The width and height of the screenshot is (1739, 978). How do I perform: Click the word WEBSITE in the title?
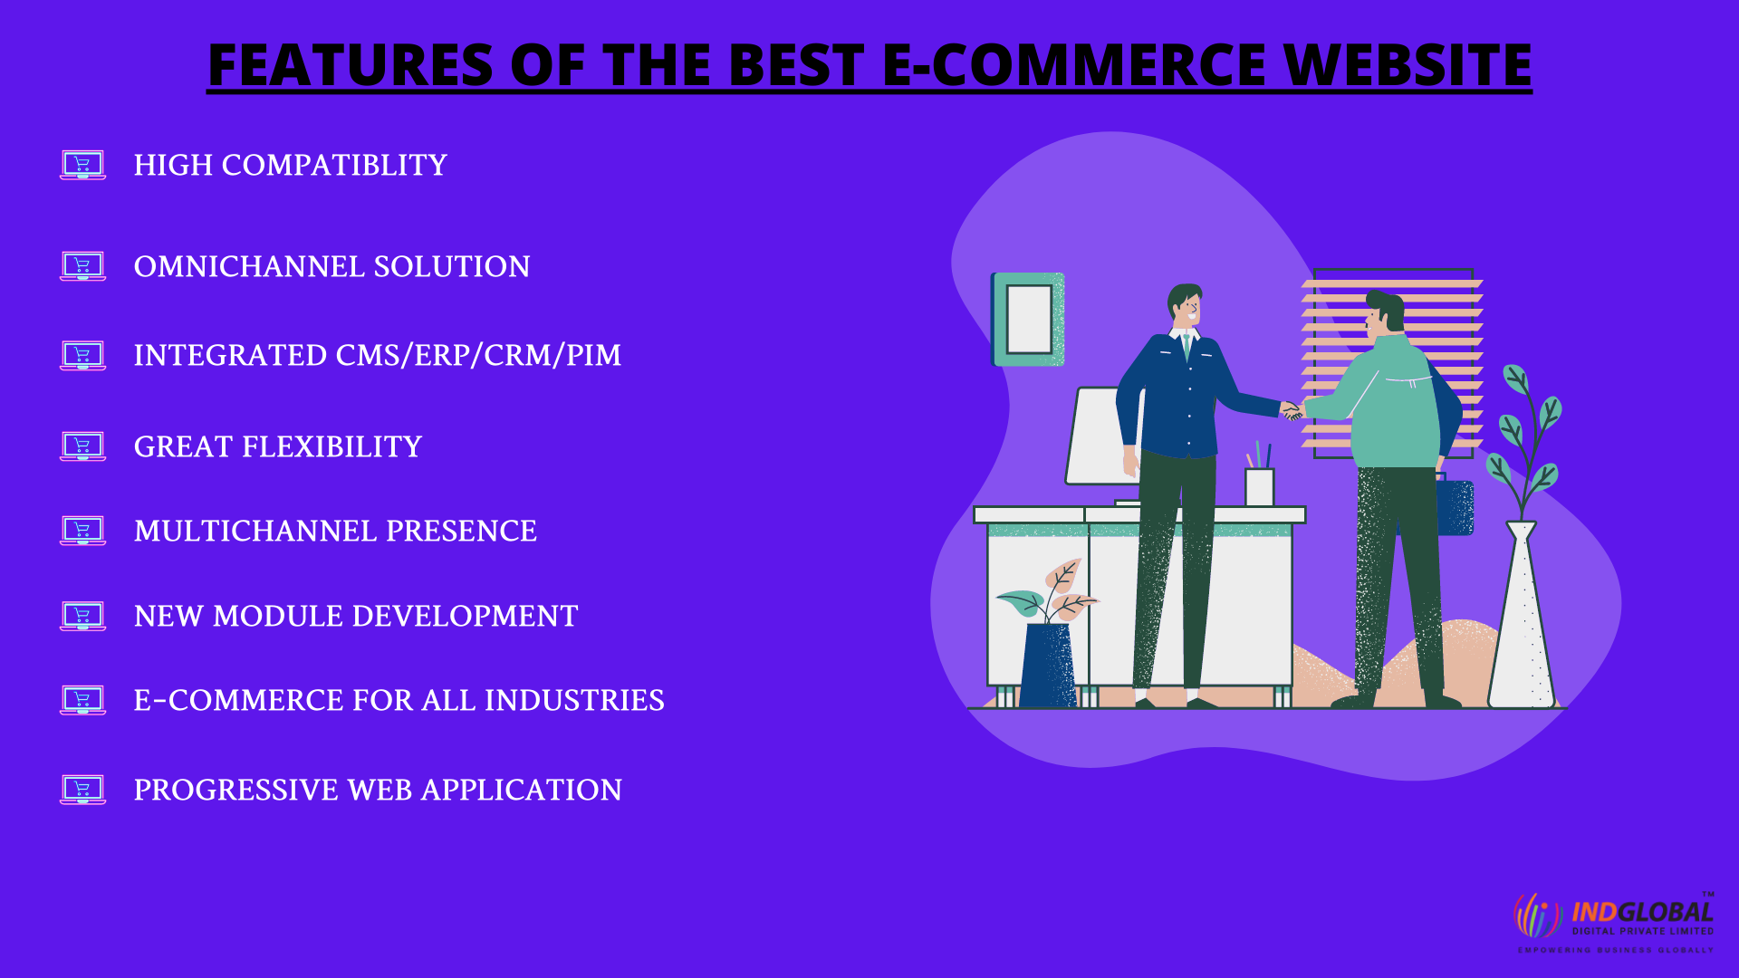click(x=1408, y=65)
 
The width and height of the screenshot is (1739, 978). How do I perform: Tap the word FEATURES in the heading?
click(x=351, y=65)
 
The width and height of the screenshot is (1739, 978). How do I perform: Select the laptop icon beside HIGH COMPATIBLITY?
click(x=82, y=165)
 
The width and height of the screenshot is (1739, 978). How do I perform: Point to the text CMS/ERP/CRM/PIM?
click(x=478, y=355)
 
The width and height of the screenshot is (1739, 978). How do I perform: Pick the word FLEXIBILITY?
click(x=331, y=446)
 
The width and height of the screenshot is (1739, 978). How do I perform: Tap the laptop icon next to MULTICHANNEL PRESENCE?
click(x=82, y=531)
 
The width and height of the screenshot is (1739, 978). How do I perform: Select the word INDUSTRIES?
click(x=574, y=700)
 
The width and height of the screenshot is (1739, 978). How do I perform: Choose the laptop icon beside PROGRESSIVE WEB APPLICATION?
click(x=82, y=790)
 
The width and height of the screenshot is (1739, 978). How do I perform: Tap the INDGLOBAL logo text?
click(x=1642, y=912)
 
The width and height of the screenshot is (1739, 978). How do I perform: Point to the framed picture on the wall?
click(x=1028, y=320)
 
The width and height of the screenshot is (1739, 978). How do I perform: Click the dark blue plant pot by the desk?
click(x=1048, y=665)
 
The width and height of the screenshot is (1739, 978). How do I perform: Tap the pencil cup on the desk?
click(x=1259, y=486)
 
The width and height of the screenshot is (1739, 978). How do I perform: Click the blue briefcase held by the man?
click(x=1455, y=508)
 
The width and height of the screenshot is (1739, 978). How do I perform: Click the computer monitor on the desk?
click(x=1102, y=436)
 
